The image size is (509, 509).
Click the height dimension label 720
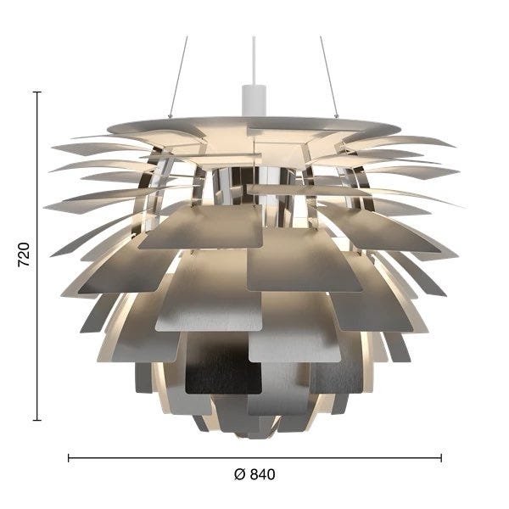(x=24, y=255)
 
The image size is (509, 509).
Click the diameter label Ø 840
(x=255, y=474)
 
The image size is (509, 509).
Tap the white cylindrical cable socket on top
(x=254, y=100)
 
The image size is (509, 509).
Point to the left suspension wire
(x=178, y=76)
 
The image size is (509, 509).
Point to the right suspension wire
(x=329, y=76)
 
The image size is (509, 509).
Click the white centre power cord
(x=254, y=61)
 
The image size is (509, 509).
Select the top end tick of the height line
(x=37, y=92)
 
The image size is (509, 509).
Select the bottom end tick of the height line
(x=37, y=420)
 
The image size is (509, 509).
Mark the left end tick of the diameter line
(x=69, y=458)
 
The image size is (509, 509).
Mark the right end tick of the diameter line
(x=441, y=458)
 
